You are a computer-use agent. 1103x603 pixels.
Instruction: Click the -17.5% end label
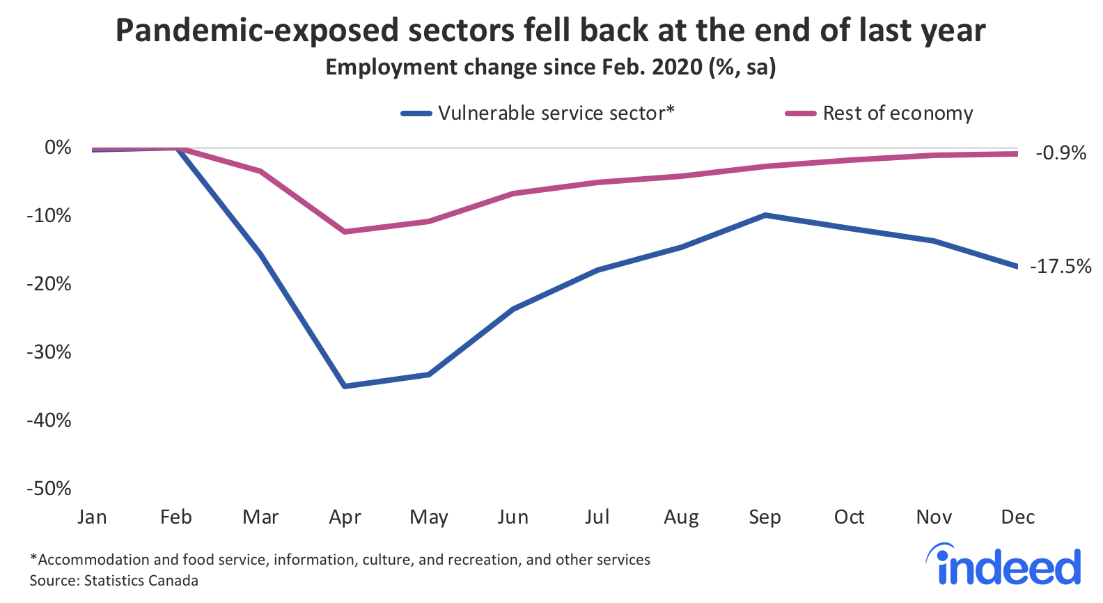[1060, 267]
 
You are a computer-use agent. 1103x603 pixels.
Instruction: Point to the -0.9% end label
[1061, 153]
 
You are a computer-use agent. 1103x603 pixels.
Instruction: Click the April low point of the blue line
[345, 386]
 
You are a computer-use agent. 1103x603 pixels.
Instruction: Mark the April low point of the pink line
[345, 231]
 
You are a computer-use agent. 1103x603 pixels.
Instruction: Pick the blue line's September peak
[765, 215]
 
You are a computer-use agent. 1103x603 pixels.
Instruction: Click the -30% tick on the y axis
[49, 352]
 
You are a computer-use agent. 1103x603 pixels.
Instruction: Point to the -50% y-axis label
[49, 489]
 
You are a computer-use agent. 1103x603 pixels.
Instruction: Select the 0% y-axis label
[58, 148]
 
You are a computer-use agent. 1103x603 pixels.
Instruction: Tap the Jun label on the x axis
[513, 517]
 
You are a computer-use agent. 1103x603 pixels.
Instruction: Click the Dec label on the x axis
[1017, 517]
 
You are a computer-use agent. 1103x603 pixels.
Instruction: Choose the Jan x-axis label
[92, 517]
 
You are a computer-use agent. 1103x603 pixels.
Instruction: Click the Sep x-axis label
[765, 517]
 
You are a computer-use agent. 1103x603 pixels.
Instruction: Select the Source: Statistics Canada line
[114, 581]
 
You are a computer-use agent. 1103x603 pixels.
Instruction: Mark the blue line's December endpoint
[1017, 266]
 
